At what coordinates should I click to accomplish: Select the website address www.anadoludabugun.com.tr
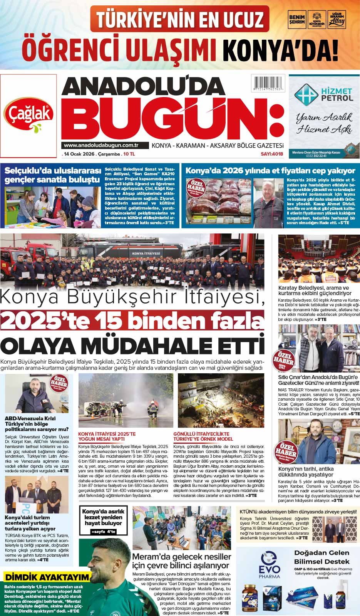point(101,145)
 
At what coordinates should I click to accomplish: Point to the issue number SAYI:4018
point(272,154)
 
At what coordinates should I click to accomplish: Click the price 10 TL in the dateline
point(129,154)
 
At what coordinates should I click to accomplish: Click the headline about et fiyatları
point(270,171)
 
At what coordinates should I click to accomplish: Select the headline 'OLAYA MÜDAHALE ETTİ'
point(132,346)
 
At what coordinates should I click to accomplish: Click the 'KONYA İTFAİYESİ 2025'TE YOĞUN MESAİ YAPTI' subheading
point(107,436)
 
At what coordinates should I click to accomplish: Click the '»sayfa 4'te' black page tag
point(103,532)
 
